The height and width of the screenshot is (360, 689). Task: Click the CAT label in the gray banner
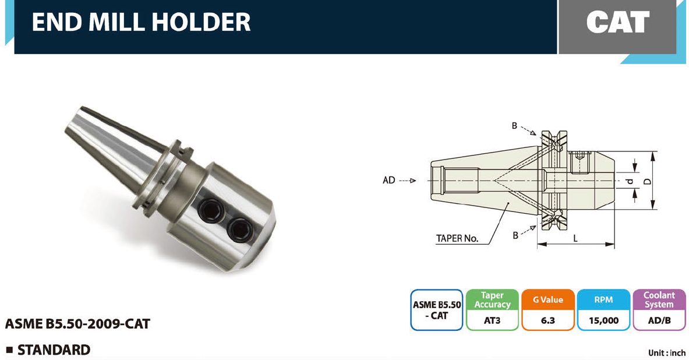click(618, 22)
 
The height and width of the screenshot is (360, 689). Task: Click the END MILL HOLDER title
click(141, 22)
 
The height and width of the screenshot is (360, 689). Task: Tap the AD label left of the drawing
click(389, 180)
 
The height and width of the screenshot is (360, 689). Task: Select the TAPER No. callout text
click(457, 239)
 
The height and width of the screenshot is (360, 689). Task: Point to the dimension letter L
click(575, 238)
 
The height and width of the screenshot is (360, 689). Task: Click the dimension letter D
click(648, 181)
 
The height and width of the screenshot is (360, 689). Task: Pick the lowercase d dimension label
click(629, 181)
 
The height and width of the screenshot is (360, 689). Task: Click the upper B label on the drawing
click(514, 126)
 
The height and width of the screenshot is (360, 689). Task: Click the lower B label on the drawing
click(516, 235)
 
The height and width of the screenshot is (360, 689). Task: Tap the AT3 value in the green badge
click(492, 320)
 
